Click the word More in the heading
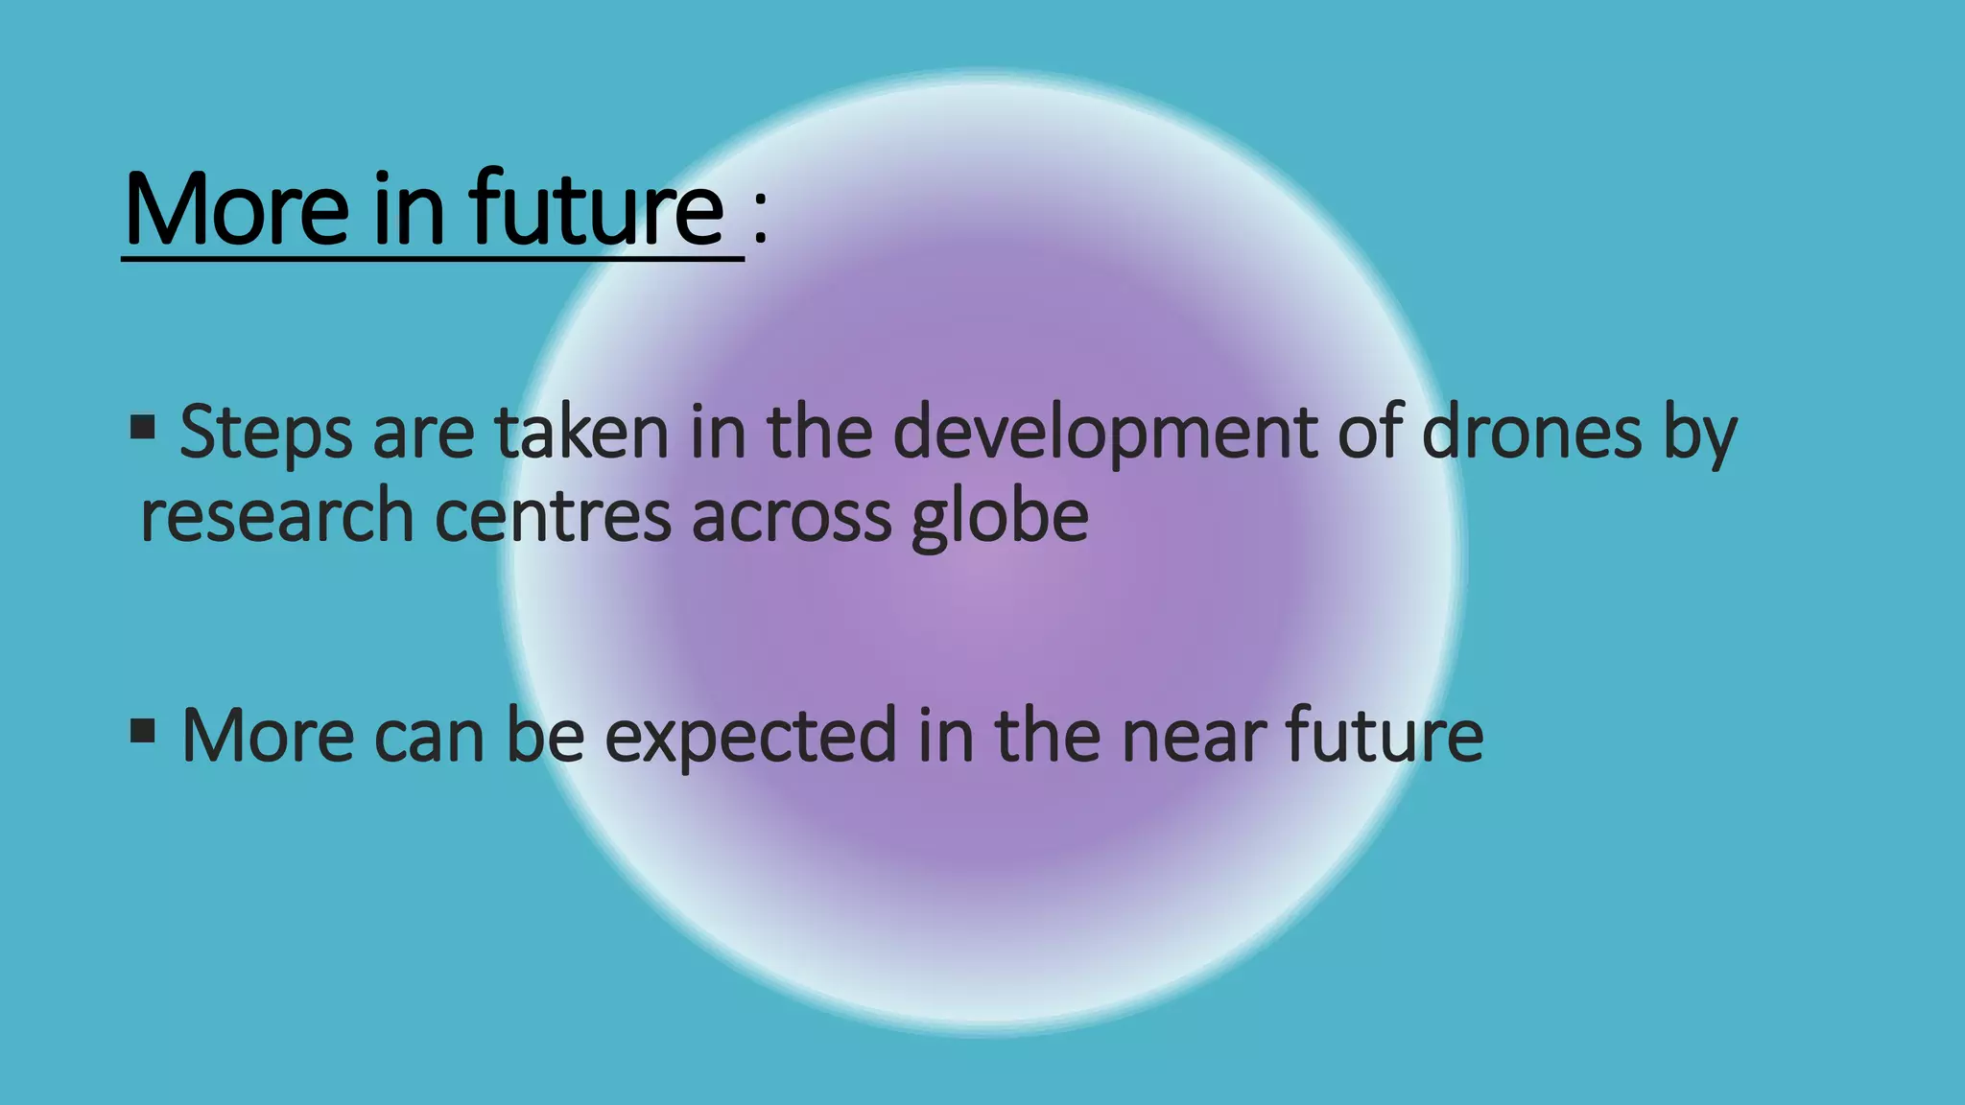236,208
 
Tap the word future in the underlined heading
595,208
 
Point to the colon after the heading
760,218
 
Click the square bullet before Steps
143,427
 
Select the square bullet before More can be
143,732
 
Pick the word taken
581,432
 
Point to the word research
277,516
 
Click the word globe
1000,516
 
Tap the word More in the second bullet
268,736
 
